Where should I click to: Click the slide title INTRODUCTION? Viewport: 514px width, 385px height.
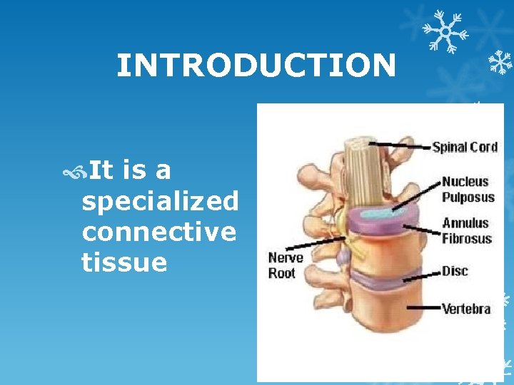256,66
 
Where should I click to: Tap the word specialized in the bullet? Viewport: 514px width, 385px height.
160,202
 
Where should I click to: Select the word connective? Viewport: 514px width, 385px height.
158,232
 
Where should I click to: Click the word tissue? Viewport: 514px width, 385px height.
124,263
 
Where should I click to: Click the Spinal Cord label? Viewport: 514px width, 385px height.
464,147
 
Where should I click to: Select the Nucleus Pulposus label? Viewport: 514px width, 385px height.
466,189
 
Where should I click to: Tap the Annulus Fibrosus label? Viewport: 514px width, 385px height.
466,231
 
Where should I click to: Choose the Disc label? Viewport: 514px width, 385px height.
455,272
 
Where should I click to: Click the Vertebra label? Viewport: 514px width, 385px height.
465,309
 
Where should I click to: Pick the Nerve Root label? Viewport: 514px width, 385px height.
286,265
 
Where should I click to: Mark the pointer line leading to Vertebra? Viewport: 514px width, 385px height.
421,307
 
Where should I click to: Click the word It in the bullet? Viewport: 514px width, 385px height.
102,171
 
